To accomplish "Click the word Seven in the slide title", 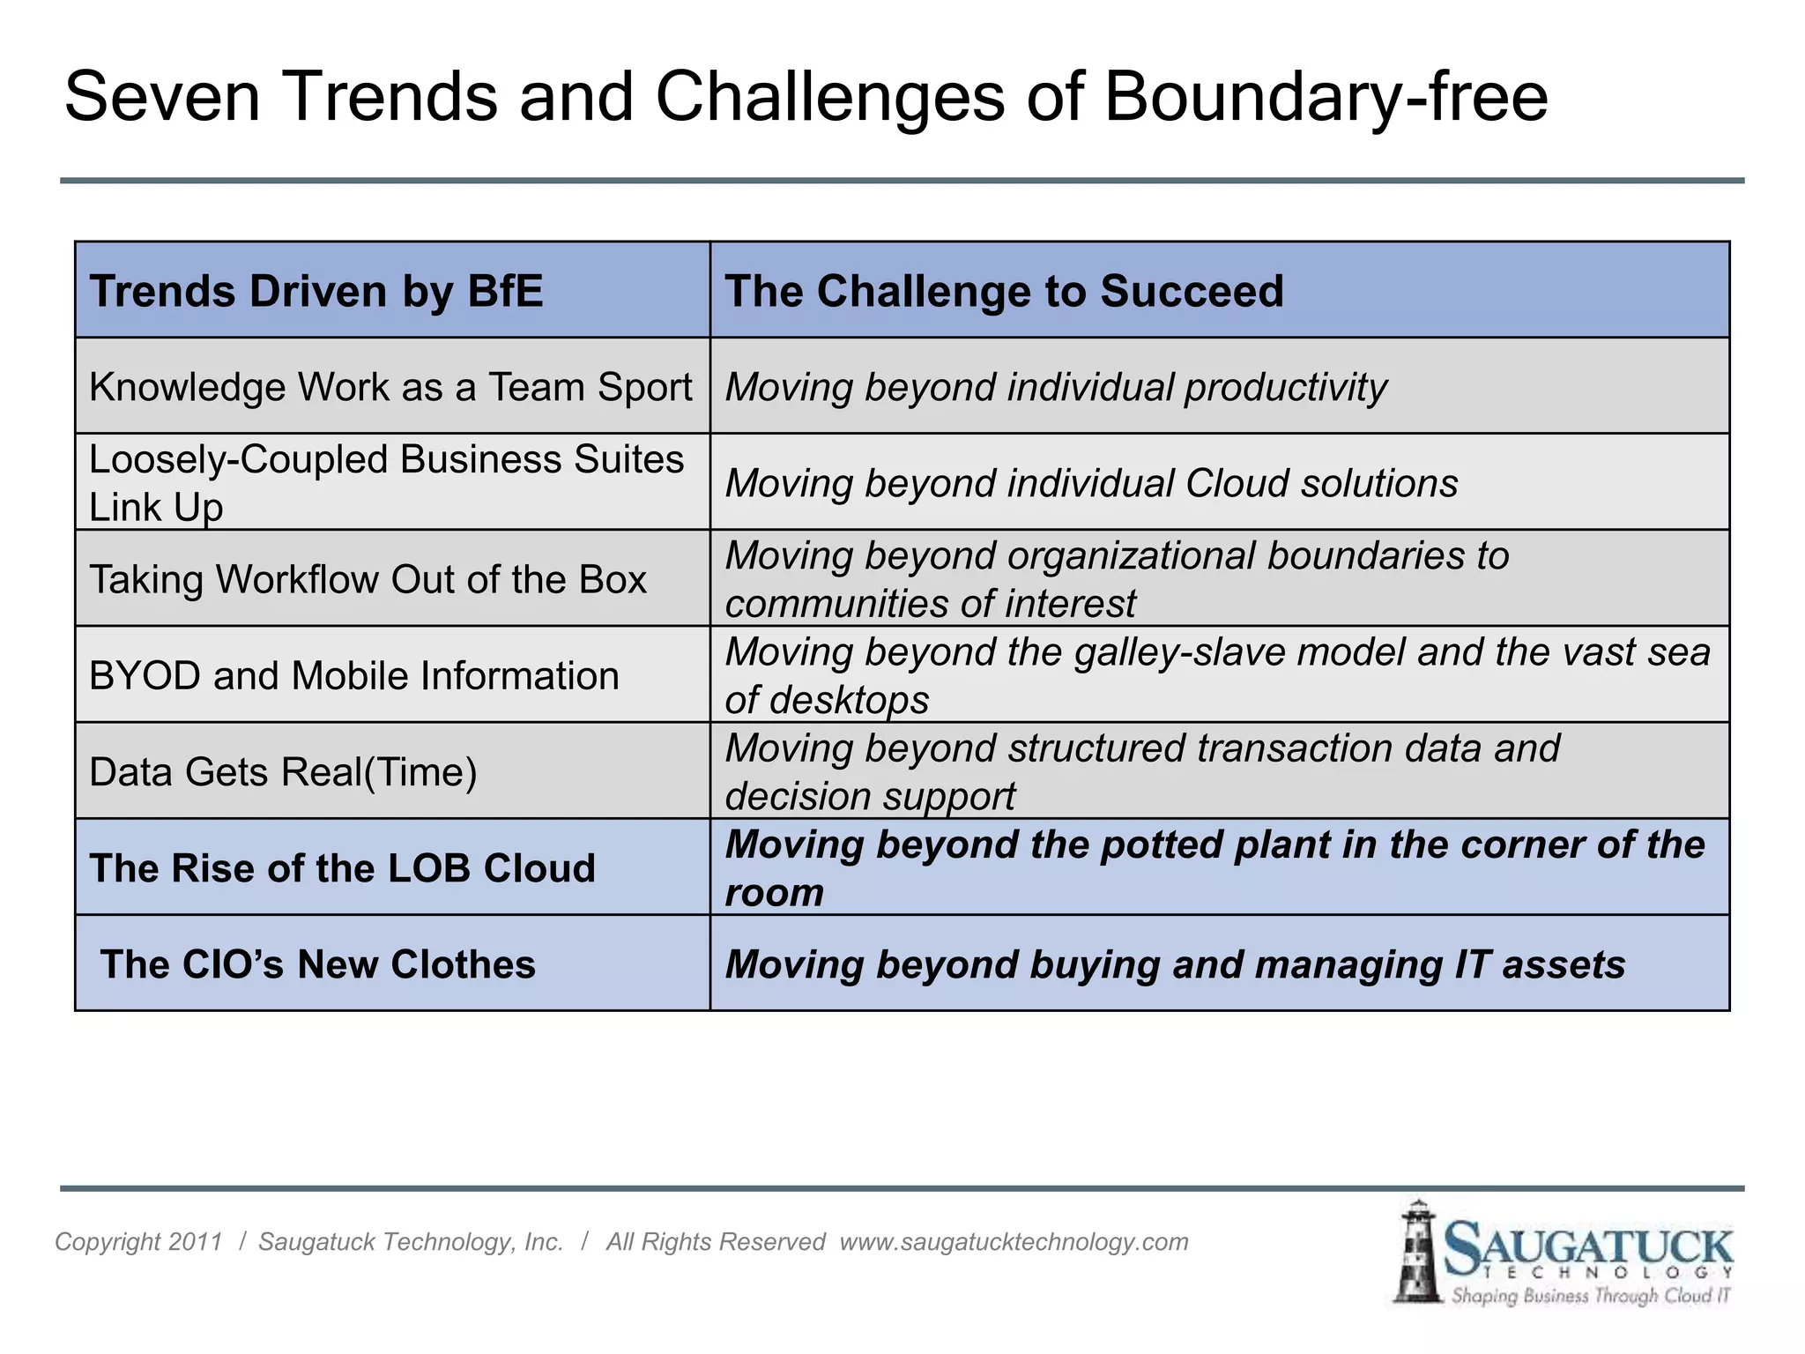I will coord(162,97).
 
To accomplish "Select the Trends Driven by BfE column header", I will coord(316,292).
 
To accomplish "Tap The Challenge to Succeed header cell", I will coord(1004,292).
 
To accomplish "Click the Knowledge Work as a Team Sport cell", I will coord(390,388).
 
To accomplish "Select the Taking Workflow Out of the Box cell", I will coord(368,580).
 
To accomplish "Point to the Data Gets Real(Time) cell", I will coord(283,772).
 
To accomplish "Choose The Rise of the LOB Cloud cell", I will coord(342,868).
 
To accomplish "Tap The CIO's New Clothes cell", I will coord(317,964).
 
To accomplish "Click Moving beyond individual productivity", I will coord(1055,388).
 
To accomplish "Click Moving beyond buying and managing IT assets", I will coord(1174,964).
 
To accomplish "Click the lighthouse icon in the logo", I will coord(1416,1252).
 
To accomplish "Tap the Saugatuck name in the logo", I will coord(1587,1247).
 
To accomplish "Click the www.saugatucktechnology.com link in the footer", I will coord(1014,1242).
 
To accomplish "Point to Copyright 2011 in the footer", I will coord(138,1242).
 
